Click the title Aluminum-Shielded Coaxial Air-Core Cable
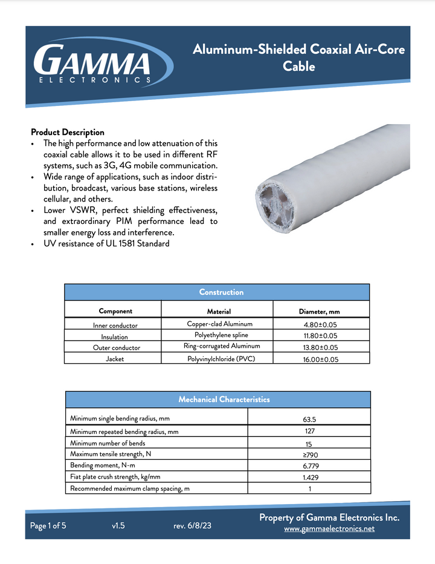(298, 57)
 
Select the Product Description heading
(68, 132)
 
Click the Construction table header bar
(221, 292)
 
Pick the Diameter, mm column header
(320, 312)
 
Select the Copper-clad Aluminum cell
(215, 324)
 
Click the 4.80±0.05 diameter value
(320, 324)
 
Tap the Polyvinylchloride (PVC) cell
(221, 359)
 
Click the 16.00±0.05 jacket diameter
(320, 359)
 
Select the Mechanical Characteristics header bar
(224, 399)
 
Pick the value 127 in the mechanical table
(309, 431)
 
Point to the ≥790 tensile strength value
(309, 454)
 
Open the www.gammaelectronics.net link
(329, 528)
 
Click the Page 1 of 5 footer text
(48, 526)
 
